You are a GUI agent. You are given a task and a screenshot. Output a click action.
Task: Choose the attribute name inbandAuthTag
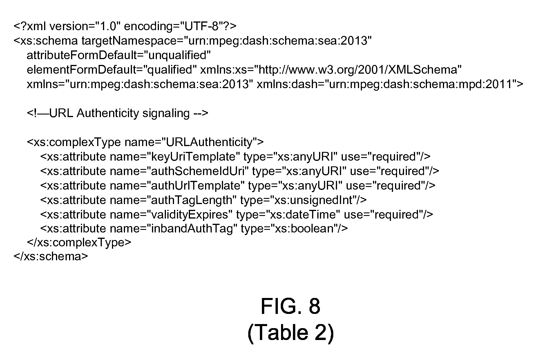(192, 229)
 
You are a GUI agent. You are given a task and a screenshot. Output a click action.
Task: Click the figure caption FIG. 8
(290, 306)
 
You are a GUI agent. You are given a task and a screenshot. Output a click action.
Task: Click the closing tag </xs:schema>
(50, 257)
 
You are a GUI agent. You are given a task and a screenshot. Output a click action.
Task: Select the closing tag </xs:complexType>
(79, 242)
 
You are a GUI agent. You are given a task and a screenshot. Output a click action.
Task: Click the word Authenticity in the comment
(108, 113)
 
